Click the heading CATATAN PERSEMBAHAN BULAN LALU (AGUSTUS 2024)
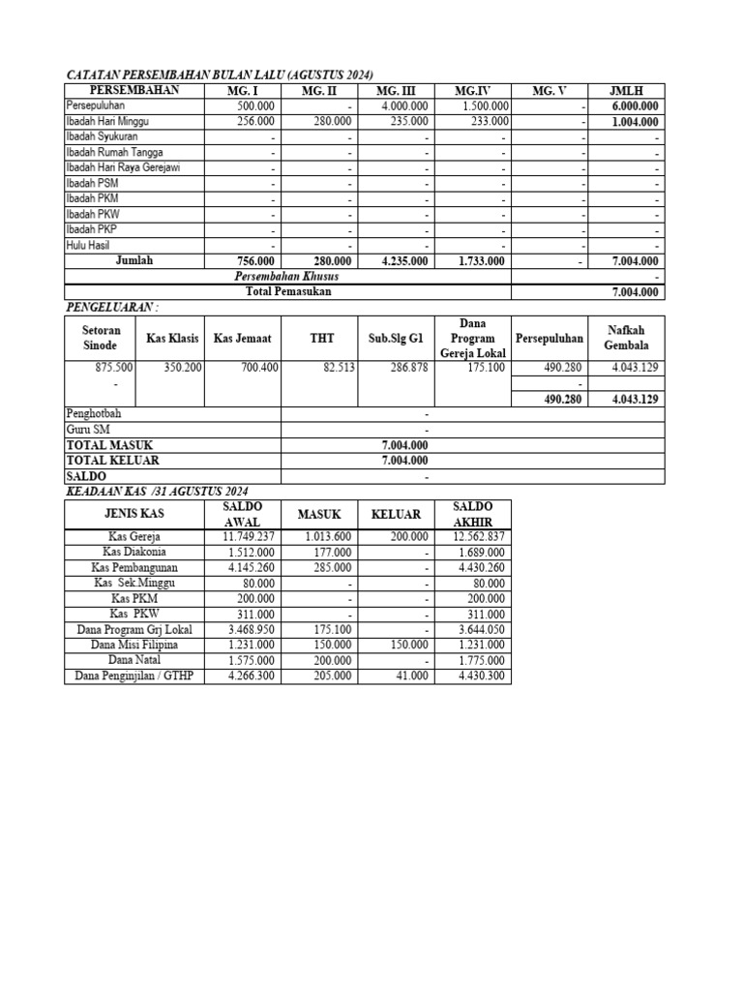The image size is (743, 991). [x=219, y=75]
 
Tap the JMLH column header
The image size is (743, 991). [x=626, y=91]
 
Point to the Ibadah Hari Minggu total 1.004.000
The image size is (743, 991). [x=635, y=122]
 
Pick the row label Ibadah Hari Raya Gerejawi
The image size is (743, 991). [x=123, y=167]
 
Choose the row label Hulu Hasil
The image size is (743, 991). [x=87, y=245]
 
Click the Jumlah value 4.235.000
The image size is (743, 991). [x=404, y=260]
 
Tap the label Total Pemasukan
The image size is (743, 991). [x=288, y=290]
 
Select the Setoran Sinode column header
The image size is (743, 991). [x=101, y=338]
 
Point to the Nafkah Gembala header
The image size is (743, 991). [x=626, y=338]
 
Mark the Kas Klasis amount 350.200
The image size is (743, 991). [x=182, y=368]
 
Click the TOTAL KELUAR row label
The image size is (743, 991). [x=112, y=461]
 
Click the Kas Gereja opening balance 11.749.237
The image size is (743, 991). [x=249, y=536]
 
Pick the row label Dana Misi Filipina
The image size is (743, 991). [x=134, y=645]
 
